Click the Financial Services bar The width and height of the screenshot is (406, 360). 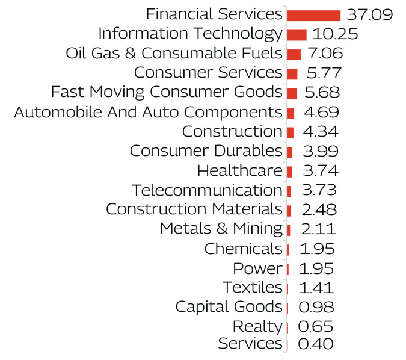click(313, 15)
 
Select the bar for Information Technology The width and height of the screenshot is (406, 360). click(297, 35)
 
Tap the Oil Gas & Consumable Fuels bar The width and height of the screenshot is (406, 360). click(294, 54)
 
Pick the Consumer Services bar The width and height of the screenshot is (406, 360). click(292, 73)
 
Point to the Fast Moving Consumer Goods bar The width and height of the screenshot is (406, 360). click(292, 93)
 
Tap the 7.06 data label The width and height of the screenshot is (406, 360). click(325, 54)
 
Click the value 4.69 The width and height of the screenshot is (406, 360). click(321, 113)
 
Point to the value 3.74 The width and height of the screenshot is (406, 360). click(319, 171)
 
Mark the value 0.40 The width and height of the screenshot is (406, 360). click(316, 344)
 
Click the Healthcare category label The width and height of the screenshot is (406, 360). click(239, 171)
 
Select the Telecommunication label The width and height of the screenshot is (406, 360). click(207, 191)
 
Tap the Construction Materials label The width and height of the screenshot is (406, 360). click(194, 210)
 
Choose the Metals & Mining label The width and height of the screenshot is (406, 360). click(221, 229)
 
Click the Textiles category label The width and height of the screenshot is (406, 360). click(252, 288)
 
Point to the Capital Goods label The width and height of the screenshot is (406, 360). click(229, 307)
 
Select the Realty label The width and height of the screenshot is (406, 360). click(257, 327)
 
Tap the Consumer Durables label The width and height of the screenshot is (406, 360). click(206, 151)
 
